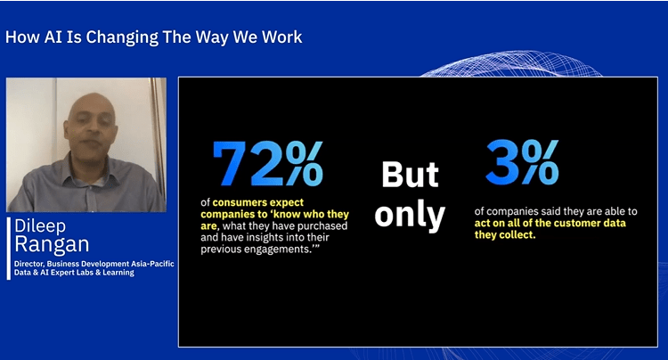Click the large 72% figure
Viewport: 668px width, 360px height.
coord(267,164)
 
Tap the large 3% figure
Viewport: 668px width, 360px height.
coord(522,162)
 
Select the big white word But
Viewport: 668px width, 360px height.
coord(410,175)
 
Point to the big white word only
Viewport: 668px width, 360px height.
coord(410,216)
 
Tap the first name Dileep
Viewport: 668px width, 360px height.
coord(40,225)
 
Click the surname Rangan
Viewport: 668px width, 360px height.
coord(52,244)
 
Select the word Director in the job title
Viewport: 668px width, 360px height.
coord(29,264)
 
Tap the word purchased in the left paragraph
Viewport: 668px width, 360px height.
coord(323,225)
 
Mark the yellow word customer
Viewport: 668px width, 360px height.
coord(578,224)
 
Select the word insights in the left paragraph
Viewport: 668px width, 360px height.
coord(264,237)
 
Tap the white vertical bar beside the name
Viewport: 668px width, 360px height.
coord(9,249)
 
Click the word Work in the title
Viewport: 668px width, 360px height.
coord(282,37)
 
